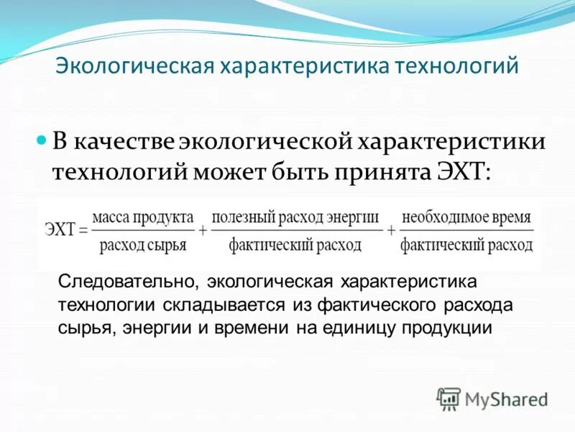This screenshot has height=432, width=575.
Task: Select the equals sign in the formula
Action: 83,231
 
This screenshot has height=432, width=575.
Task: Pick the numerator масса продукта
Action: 143,217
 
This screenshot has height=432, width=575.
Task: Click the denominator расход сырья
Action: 143,246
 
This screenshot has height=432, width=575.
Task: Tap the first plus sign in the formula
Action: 203,231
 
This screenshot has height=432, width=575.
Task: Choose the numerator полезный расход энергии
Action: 295,217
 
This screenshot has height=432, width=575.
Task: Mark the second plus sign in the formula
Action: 391,231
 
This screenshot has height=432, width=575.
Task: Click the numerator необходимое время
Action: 466,217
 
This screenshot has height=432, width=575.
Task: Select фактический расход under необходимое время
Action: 466,246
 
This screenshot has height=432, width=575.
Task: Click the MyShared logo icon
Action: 449,398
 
